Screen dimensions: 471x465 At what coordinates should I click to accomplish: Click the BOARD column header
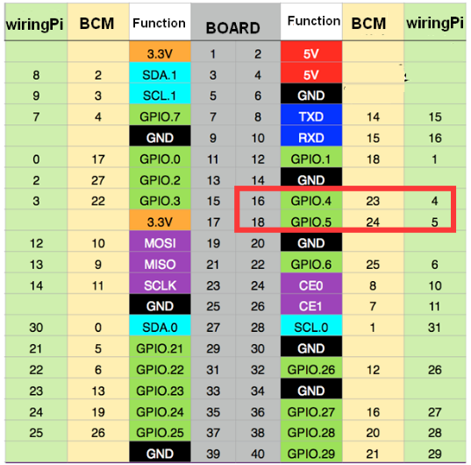pyautogui.click(x=232, y=28)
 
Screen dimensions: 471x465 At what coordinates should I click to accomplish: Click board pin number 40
pyautogui.click(x=258, y=454)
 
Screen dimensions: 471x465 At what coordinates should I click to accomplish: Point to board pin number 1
pyautogui.click(x=212, y=54)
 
